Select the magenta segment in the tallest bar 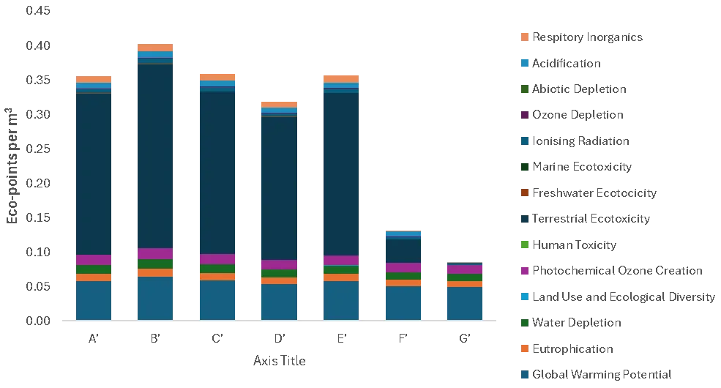(x=154, y=253)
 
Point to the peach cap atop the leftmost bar (x=94, y=79)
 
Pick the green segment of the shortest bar (x=465, y=277)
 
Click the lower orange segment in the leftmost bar (x=94, y=277)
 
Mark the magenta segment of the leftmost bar (x=94, y=260)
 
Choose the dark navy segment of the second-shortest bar (x=403, y=250)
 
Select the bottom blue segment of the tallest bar (x=154, y=298)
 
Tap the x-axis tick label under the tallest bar (x=154, y=340)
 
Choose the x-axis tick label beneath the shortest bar (x=465, y=340)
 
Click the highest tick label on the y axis (x=38, y=12)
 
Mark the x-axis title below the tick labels (x=280, y=362)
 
